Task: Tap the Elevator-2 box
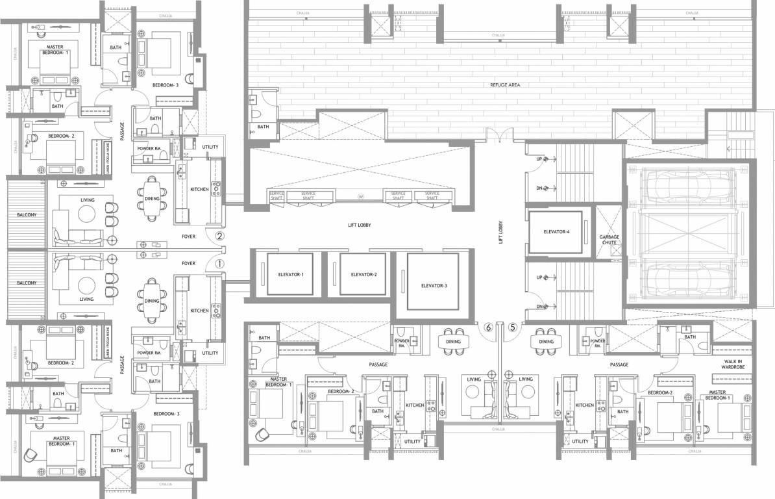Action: (358, 275)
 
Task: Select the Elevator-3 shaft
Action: (432, 281)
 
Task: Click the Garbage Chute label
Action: (608, 240)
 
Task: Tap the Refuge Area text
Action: (506, 85)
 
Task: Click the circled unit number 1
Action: (219, 264)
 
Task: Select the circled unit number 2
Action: (219, 237)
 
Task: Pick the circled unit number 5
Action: (513, 328)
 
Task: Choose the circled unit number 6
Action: (488, 328)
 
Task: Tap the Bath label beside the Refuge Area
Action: (262, 127)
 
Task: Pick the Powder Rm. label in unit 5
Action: (598, 342)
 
